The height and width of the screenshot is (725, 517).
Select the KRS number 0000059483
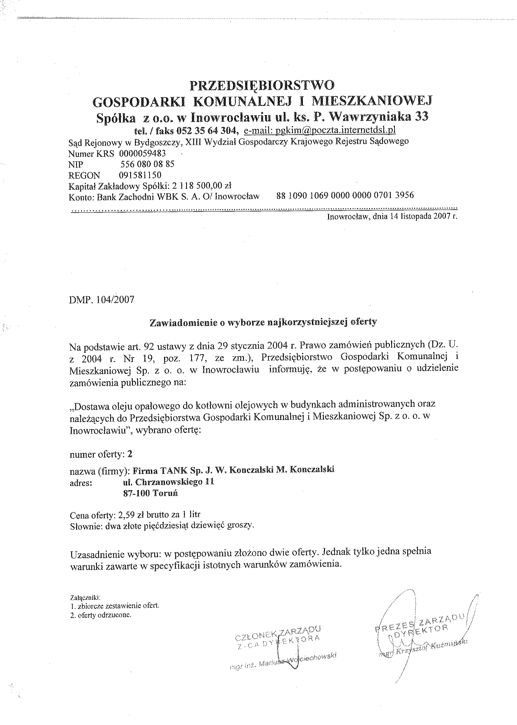tap(143, 153)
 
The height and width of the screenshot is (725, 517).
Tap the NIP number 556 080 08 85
tap(147, 164)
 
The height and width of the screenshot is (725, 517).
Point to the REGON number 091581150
tap(140, 175)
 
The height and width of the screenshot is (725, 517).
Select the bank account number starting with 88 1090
tap(345, 195)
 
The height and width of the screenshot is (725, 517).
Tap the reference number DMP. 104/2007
tap(102, 300)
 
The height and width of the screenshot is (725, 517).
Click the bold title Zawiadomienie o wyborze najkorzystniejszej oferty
tap(263, 322)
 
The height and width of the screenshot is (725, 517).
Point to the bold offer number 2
tap(130, 454)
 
